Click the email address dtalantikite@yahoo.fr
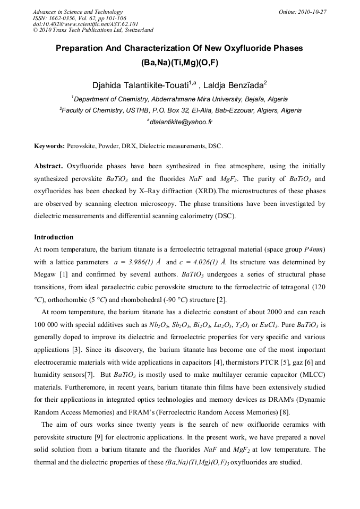181,122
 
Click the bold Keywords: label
49,145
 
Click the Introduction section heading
54,237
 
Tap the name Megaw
46,275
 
